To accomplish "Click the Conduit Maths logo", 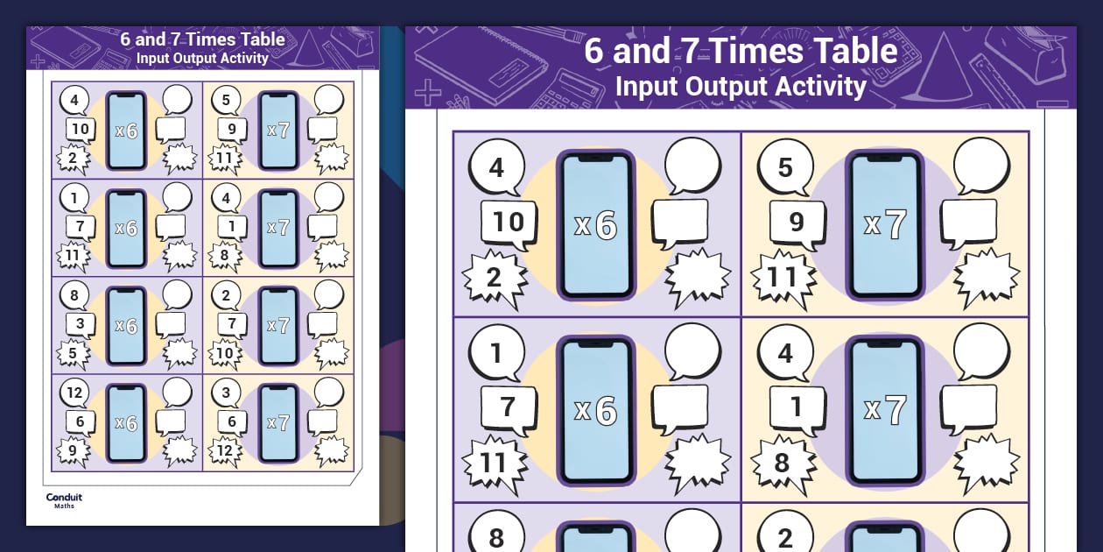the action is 64,500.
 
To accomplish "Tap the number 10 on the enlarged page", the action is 509,222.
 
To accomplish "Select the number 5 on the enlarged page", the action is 785,167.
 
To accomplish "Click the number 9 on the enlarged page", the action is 797,222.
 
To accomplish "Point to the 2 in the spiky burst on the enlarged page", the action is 494,278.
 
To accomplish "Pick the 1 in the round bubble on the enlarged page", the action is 495,353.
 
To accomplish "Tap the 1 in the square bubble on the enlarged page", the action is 797,407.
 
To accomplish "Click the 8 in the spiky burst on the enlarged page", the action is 782,463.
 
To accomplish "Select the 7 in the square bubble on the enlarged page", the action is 508,407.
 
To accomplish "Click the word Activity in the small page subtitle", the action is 243,58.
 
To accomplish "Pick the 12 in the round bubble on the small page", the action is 74,393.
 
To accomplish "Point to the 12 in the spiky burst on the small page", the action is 224,450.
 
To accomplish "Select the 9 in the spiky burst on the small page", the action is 73,450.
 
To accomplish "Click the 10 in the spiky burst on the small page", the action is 224,353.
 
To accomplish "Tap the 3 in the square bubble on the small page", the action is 81,323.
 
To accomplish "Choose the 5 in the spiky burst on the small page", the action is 73,353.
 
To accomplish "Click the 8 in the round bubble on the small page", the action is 74,295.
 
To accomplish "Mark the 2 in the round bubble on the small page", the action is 226,295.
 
